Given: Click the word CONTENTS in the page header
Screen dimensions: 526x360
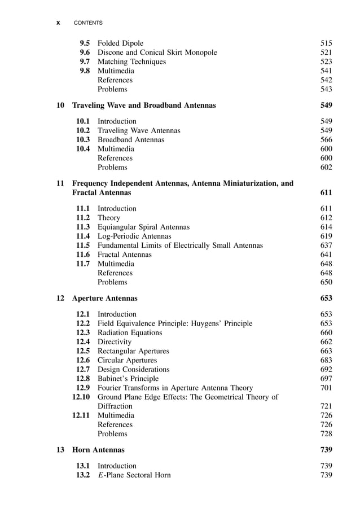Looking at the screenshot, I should click(89, 23).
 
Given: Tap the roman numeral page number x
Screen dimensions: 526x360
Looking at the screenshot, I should click(58, 23).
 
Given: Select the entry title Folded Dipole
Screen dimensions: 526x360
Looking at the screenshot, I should click(120, 43).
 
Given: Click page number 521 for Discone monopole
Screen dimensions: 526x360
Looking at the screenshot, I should click(326, 52).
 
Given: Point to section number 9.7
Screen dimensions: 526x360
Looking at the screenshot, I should click(84, 62).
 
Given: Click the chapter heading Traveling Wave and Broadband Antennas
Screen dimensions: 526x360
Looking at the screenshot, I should click(144, 105).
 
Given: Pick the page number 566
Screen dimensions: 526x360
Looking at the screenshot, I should click(326, 139).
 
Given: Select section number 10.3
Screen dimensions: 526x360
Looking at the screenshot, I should click(83, 139).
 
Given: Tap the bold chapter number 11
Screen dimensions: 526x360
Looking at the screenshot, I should click(60, 183).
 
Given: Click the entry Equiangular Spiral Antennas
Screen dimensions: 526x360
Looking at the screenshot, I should click(143, 227).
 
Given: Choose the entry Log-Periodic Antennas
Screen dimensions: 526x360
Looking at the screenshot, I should click(134, 236).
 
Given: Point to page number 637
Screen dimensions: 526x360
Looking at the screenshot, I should click(326, 246).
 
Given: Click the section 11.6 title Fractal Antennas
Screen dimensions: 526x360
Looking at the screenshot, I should click(124, 255).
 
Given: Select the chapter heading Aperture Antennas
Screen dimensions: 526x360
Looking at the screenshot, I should click(105, 298).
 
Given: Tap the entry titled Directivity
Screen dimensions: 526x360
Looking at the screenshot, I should click(115, 341).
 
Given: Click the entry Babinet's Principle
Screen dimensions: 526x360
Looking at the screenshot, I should click(128, 378).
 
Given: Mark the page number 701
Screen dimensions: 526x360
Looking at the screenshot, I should click(326, 388).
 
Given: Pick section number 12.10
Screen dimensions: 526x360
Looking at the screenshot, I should click(81, 397).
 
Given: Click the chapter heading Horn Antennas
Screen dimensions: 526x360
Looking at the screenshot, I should click(99, 449).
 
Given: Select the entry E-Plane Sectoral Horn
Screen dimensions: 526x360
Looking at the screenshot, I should click(134, 475).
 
